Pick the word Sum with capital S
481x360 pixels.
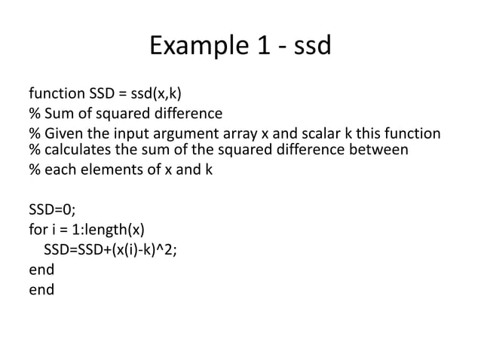click(59, 114)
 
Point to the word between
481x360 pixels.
click(376, 150)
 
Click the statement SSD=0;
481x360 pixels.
click(52, 211)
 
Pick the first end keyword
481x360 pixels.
click(41, 270)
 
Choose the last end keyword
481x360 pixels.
click(41, 289)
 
